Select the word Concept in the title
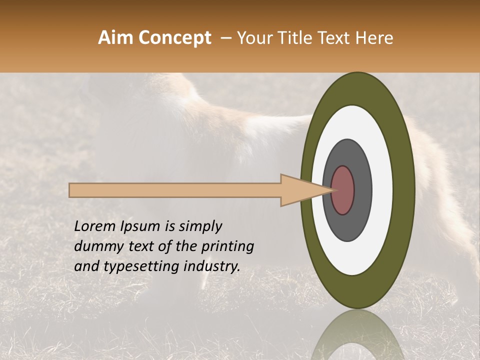click(x=174, y=38)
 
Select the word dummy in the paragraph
click(x=95, y=246)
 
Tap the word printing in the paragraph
click(x=227, y=247)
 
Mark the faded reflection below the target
click(x=357, y=337)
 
